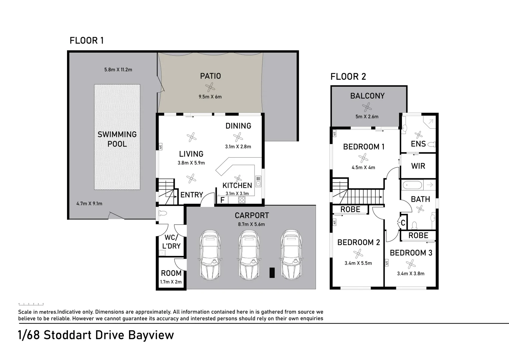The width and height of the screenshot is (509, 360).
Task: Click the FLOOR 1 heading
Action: click(x=86, y=41)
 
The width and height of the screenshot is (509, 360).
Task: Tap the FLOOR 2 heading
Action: click(x=348, y=77)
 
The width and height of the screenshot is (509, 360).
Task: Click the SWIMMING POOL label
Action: click(x=117, y=139)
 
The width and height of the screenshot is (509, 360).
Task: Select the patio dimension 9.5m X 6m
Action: click(x=210, y=97)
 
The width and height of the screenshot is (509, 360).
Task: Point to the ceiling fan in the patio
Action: click(x=210, y=87)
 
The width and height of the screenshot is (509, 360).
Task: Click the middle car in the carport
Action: click(x=248, y=255)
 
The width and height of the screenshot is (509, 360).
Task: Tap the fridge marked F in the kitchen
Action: click(x=222, y=200)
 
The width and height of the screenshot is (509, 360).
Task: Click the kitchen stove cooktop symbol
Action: click(x=242, y=200)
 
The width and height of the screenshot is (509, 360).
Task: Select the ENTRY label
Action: click(x=192, y=195)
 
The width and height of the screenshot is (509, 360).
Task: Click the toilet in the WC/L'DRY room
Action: click(x=163, y=213)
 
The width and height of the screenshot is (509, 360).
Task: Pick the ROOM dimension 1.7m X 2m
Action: click(x=171, y=282)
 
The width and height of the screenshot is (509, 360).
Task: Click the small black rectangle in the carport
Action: click(x=272, y=273)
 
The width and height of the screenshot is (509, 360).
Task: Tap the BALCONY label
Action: click(x=367, y=96)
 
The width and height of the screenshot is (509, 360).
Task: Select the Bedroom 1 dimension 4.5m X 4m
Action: click(x=363, y=167)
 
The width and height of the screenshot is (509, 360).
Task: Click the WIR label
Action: click(x=418, y=166)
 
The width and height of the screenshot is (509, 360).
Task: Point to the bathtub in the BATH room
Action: click(x=413, y=185)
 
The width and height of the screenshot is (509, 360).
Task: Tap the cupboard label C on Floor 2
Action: click(x=403, y=223)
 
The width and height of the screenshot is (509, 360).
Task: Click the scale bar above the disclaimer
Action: click(x=31, y=304)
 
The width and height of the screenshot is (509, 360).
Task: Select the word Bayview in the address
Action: click(x=151, y=335)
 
